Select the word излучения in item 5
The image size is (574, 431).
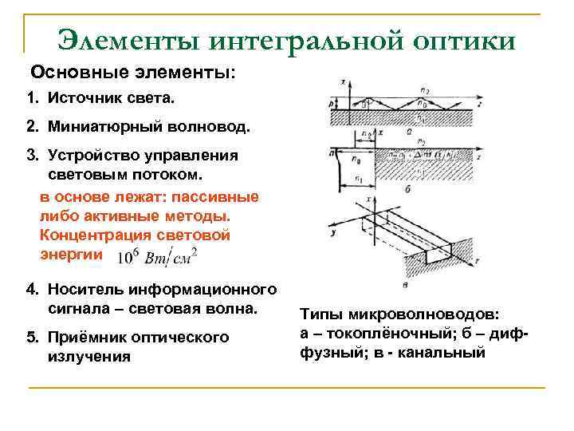(89, 356)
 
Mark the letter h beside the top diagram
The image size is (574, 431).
(332, 104)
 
